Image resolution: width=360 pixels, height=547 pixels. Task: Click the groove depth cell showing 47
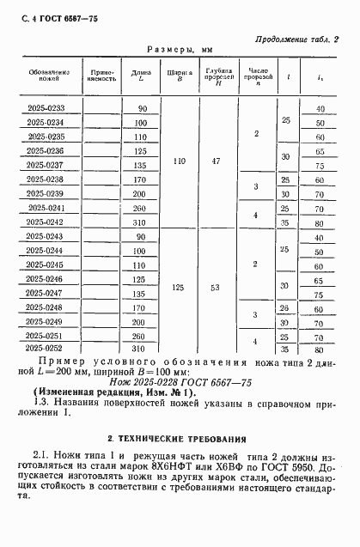[x=217, y=161]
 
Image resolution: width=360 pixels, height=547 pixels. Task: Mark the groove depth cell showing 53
[x=217, y=287]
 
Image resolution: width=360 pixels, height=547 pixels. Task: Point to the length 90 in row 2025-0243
[x=142, y=236]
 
